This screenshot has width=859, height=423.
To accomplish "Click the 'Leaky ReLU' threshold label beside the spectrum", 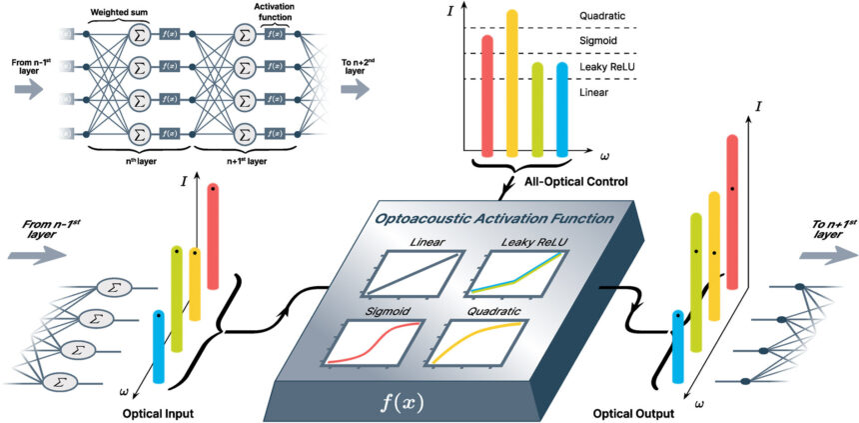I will pos(608,66).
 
